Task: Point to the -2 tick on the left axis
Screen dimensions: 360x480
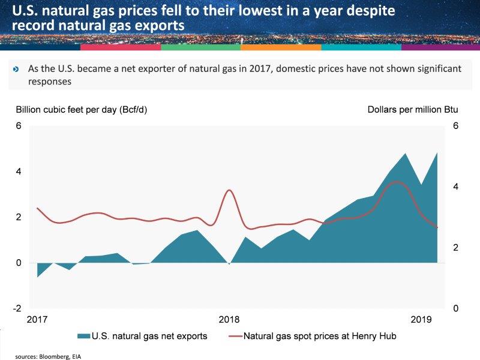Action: pyautogui.click(x=19, y=308)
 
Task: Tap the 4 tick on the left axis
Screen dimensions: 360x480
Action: pyautogui.click(x=19, y=172)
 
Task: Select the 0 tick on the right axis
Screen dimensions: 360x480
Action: pyautogui.click(x=456, y=308)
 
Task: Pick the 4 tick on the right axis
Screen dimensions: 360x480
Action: pyautogui.click(x=456, y=187)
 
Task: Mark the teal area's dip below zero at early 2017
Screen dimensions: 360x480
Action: pyautogui.click(x=38, y=276)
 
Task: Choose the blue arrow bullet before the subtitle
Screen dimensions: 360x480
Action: pyautogui.click(x=16, y=70)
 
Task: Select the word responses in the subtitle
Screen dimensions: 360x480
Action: pyautogui.click(x=50, y=82)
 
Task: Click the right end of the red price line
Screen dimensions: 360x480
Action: pyautogui.click(x=437, y=227)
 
